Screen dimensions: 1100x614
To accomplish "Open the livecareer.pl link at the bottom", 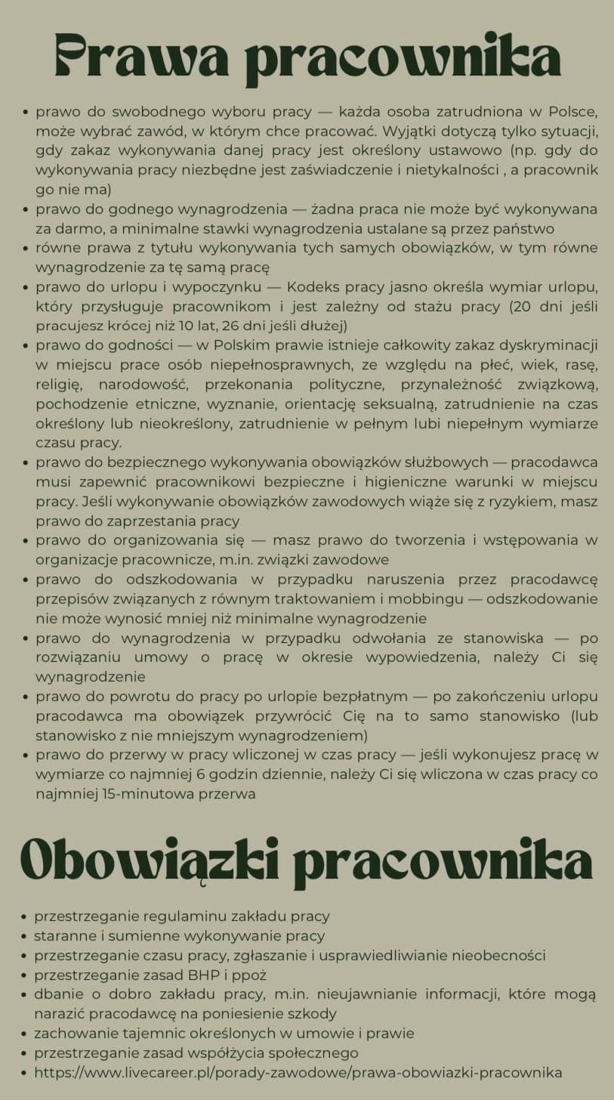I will [298, 1073].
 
